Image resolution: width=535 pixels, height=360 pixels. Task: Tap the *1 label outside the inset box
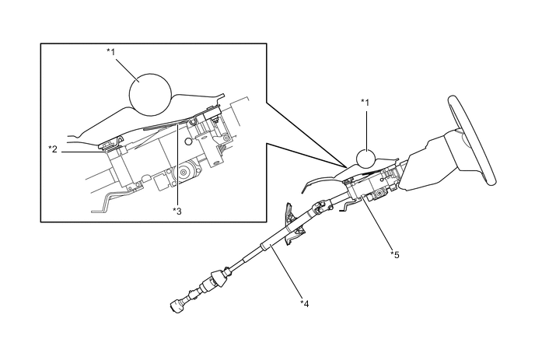pos(366,101)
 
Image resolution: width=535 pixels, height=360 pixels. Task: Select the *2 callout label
pos(53,147)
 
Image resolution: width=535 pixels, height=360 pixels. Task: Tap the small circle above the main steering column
pos(368,158)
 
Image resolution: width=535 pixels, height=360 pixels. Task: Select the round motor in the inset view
pos(187,173)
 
